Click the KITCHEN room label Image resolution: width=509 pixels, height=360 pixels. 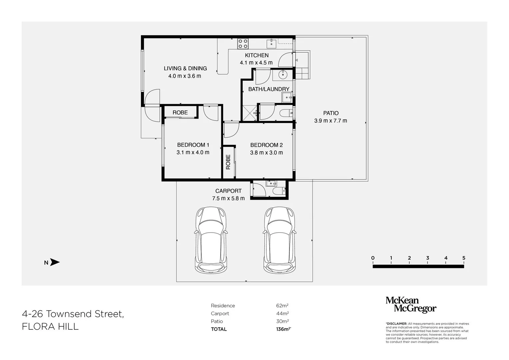(x=257, y=55)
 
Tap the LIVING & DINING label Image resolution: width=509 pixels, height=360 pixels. (x=185, y=68)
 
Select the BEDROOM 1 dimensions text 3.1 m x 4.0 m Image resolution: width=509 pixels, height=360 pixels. (x=193, y=152)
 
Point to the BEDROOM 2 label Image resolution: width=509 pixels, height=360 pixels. (x=266, y=145)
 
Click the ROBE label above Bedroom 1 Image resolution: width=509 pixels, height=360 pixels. (x=180, y=113)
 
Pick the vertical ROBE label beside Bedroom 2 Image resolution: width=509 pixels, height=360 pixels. (x=228, y=162)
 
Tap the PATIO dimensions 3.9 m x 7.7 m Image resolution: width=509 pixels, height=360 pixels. (x=330, y=121)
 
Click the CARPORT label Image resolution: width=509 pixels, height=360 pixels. (x=228, y=191)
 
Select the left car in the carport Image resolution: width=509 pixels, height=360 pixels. (x=211, y=240)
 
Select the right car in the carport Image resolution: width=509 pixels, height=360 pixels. (x=280, y=240)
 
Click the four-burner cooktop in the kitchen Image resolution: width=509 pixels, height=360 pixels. (x=243, y=43)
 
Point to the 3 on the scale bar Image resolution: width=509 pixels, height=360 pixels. (x=427, y=258)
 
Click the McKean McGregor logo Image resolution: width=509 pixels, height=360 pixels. (x=411, y=305)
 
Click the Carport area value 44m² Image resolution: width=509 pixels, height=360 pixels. (x=282, y=313)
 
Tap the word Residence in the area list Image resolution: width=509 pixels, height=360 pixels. (x=223, y=306)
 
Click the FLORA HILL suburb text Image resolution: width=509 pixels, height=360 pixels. (x=50, y=326)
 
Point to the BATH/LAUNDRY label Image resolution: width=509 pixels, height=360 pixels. (x=269, y=89)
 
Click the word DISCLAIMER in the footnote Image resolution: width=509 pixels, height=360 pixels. (x=397, y=324)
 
